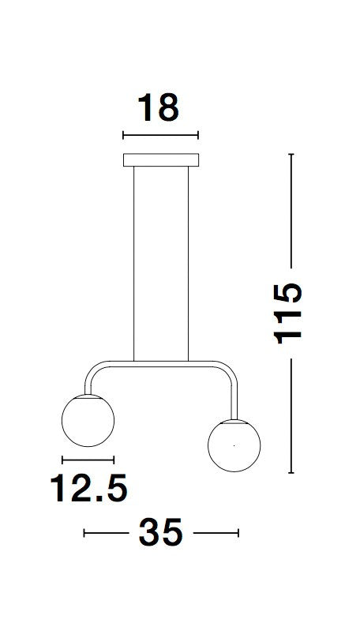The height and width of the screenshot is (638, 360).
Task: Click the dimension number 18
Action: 158,107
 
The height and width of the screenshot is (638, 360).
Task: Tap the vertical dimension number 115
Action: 287,313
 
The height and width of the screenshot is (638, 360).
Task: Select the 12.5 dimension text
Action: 88,487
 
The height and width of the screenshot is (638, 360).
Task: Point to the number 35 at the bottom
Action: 161,532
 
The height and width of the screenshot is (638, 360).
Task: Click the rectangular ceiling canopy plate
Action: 161,160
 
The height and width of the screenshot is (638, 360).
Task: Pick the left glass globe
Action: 88,420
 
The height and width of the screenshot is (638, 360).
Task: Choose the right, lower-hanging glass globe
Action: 234,445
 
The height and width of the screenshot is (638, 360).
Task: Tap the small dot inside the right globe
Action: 234,445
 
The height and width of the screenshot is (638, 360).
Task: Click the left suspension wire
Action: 134,264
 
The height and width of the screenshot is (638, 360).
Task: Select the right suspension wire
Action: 189,264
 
